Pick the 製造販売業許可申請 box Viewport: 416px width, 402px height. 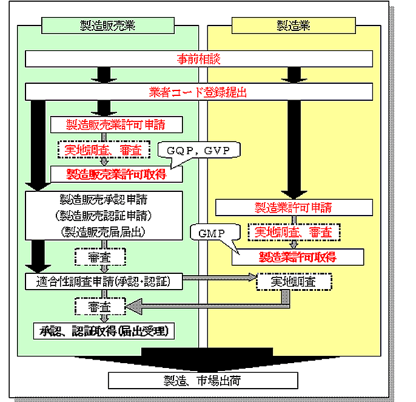pos(116,124)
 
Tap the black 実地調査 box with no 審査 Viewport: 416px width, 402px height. pos(294,282)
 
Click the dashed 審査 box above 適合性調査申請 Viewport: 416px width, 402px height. pos(100,257)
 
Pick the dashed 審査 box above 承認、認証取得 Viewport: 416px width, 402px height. pos(100,307)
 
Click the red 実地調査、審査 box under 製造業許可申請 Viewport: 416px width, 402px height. pos(294,232)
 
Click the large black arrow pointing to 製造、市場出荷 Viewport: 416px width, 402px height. pos(203,358)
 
